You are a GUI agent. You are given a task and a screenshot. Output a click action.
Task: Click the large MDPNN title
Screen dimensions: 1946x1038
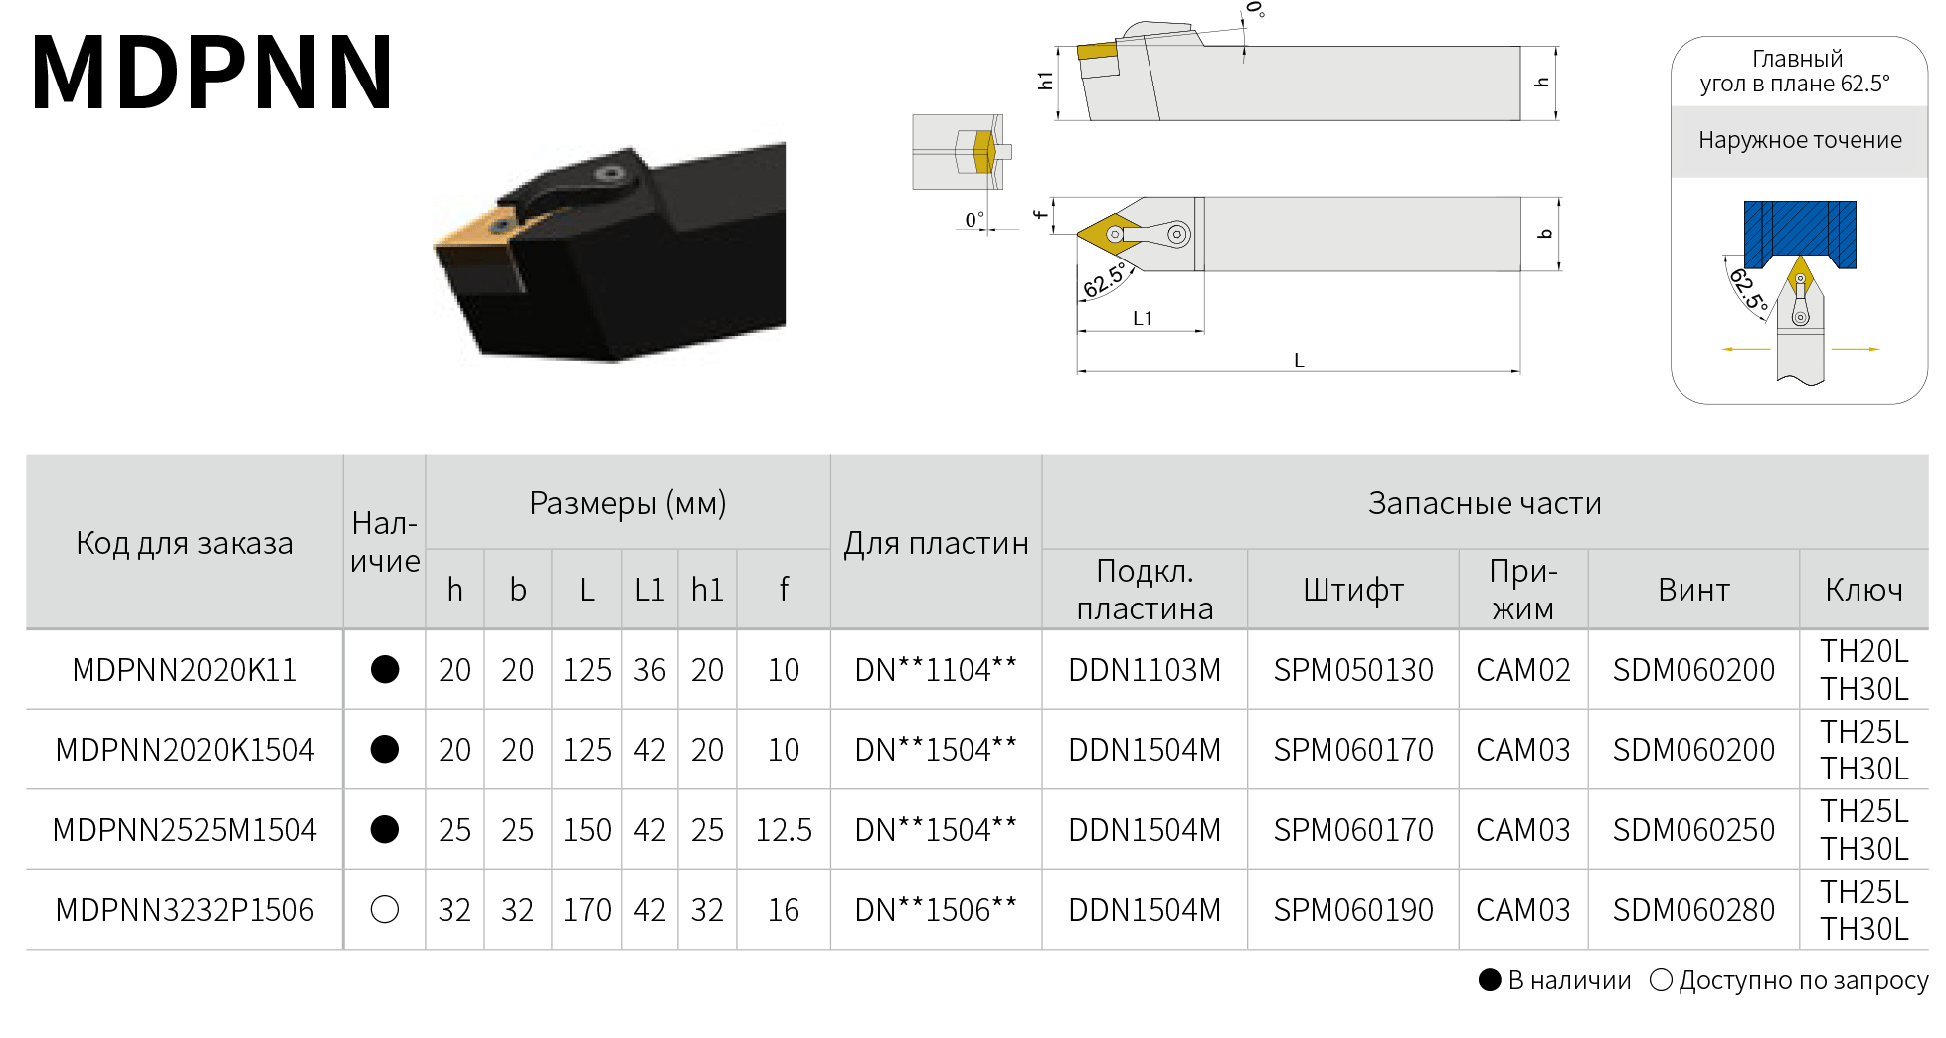click(212, 72)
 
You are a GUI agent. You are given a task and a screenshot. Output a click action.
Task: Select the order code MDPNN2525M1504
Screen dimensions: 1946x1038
click(185, 829)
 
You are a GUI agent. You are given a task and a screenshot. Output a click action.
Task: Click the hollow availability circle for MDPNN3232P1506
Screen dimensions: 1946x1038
click(384, 909)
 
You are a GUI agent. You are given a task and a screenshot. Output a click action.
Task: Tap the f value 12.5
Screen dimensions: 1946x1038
click(784, 829)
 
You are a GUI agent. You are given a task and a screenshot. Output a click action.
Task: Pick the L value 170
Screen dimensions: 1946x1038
click(587, 909)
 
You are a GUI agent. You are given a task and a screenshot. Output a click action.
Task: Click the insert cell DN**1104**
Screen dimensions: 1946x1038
click(936, 670)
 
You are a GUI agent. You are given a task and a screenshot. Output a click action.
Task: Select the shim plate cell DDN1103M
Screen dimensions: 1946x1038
click(1145, 670)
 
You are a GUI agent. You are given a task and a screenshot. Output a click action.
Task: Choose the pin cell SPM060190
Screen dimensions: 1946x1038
click(1353, 909)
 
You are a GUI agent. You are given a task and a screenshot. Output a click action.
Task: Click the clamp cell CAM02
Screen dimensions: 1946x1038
click(1523, 670)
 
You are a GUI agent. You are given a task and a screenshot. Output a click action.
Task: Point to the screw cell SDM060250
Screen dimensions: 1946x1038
click(1693, 829)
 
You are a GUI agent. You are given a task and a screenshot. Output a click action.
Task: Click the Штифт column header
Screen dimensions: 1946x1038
click(1353, 590)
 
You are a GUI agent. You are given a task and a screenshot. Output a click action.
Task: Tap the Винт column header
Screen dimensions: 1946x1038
click(1693, 590)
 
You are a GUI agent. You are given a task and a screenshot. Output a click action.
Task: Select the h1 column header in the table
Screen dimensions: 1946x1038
click(707, 590)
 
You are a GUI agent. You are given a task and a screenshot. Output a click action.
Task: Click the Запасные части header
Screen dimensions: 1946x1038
click(1485, 503)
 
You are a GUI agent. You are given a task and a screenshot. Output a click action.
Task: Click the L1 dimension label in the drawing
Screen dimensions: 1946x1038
click(1143, 318)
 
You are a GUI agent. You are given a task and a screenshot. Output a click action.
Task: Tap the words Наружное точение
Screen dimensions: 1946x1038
click(1800, 140)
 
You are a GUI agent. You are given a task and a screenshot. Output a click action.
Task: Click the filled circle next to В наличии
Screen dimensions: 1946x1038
click(1490, 980)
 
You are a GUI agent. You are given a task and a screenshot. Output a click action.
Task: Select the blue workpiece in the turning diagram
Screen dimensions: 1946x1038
click(1800, 234)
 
